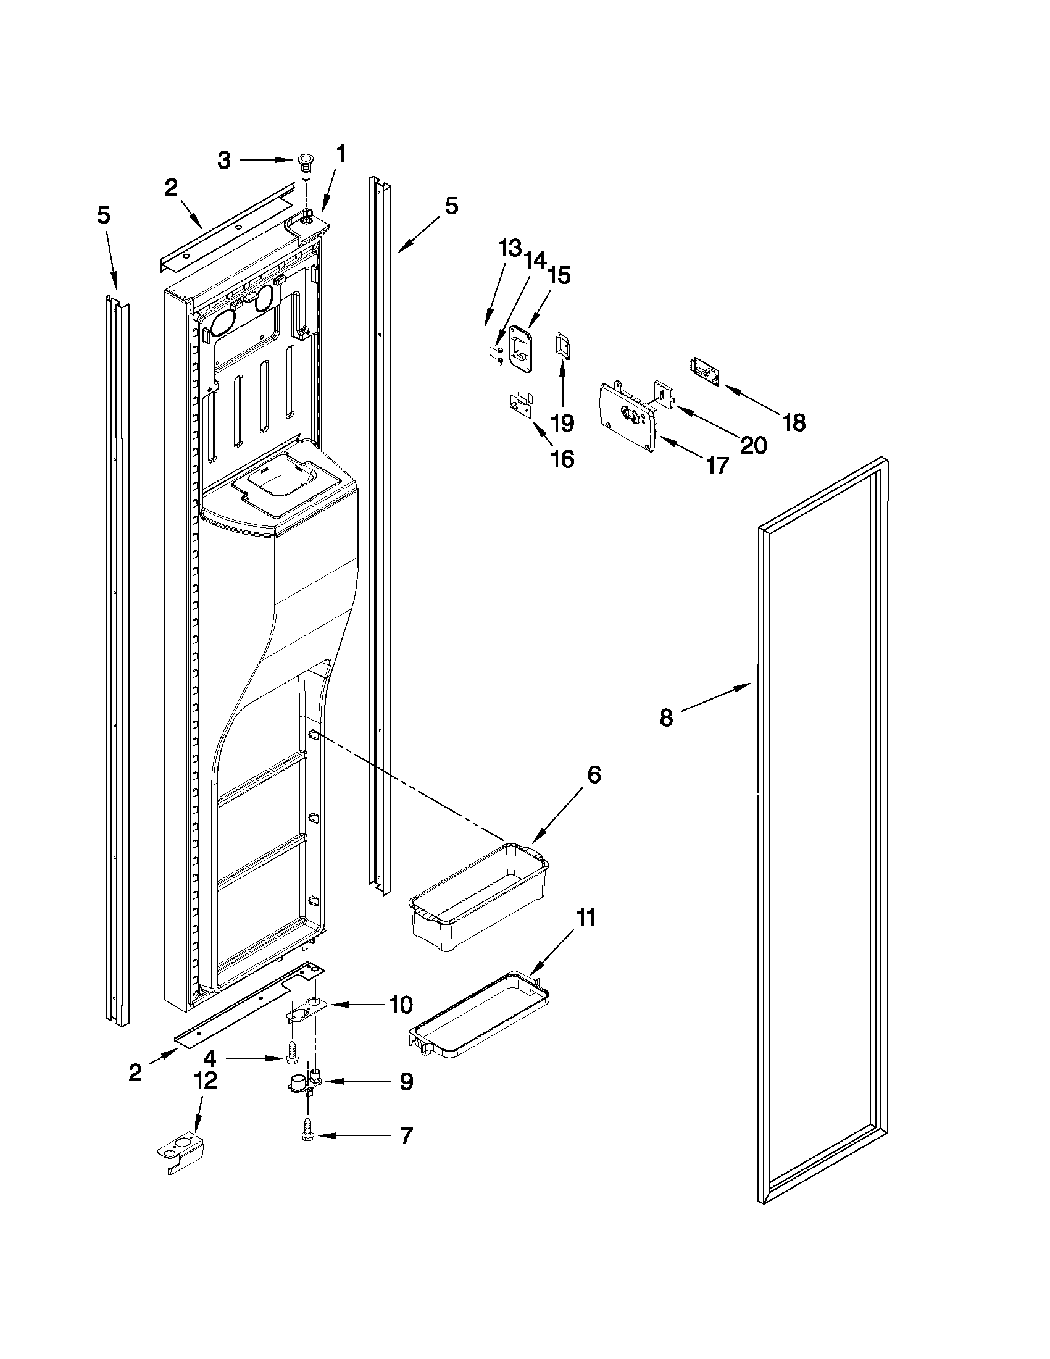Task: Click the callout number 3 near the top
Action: coord(223,161)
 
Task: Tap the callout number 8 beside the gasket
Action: coord(665,717)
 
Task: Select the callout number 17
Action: coord(717,465)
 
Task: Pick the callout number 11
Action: coord(585,918)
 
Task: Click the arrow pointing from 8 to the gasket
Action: coord(715,698)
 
